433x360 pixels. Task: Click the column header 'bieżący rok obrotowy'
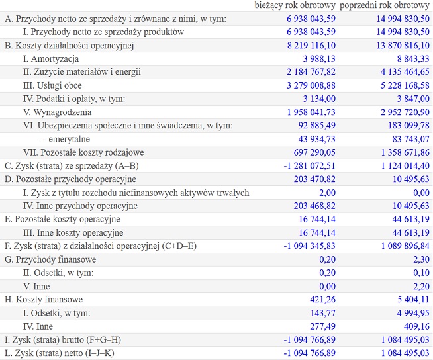point(295,5)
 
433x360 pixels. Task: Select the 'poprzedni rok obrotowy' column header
point(385,5)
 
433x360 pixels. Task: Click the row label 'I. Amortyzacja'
point(51,59)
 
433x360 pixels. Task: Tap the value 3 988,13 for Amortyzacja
point(319,59)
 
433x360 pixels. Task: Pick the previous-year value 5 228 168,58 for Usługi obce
point(405,85)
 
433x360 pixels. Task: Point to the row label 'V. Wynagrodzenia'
point(57,112)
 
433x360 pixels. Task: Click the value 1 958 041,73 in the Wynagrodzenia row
point(311,112)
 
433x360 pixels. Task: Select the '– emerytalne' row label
point(66,139)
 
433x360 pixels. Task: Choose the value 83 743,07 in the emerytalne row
point(411,139)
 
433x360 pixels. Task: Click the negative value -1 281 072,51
point(309,166)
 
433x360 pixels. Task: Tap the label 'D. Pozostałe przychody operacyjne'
point(70,179)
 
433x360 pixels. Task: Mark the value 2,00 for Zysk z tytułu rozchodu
point(328,193)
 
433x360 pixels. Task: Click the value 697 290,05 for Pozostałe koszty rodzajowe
point(314,152)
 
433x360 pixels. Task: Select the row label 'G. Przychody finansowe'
point(50,259)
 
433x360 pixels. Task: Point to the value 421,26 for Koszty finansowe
point(322,300)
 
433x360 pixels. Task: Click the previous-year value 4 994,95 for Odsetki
point(413,313)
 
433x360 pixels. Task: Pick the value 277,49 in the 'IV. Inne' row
point(322,326)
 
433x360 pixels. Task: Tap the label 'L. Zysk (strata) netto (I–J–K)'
point(60,353)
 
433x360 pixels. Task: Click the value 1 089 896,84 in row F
point(405,246)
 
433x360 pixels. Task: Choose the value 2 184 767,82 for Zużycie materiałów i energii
point(311,72)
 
